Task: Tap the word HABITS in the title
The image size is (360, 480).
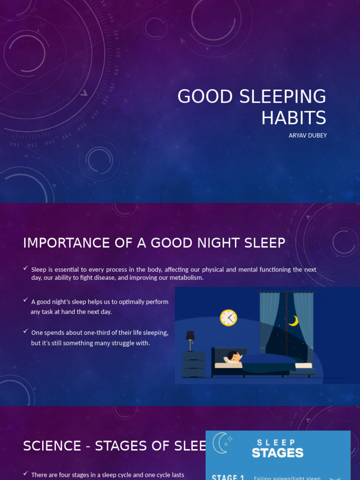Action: [x=293, y=118]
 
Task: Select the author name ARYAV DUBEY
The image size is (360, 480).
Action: [x=307, y=135]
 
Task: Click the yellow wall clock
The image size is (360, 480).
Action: [x=228, y=317]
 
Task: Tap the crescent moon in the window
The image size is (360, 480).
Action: [x=293, y=321]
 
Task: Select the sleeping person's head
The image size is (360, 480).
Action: [x=233, y=356]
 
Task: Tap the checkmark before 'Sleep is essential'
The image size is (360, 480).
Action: [x=25, y=268]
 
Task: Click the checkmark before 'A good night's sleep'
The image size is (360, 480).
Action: [x=25, y=300]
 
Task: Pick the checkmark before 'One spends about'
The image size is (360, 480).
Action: [x=25, y=331]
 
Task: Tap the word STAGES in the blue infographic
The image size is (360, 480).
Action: [x=277, y=453]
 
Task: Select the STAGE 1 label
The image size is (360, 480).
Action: [x=228, y=477]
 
